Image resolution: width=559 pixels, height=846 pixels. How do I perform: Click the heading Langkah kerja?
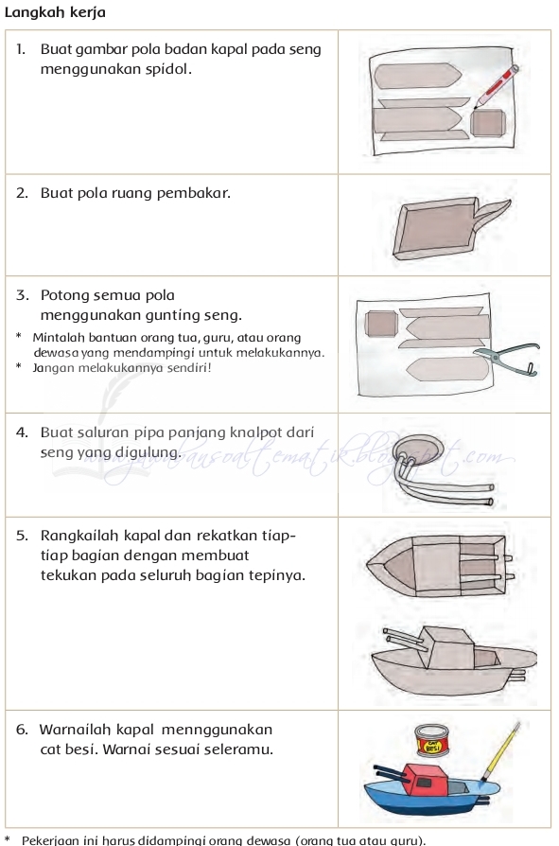tap(55, 12)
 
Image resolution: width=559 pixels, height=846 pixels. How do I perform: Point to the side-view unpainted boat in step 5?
tap(449, 662)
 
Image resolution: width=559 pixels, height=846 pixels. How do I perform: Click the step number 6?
tap(22, 730)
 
